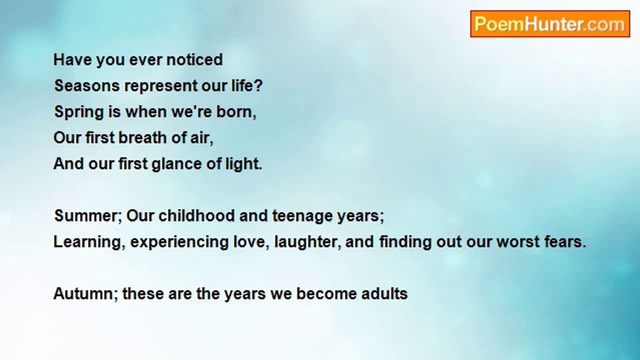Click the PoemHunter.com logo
coord(550,24)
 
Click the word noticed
coord(194,59)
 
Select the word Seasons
coord(87,85)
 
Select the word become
coord(326,293)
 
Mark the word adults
coord(384,293)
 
